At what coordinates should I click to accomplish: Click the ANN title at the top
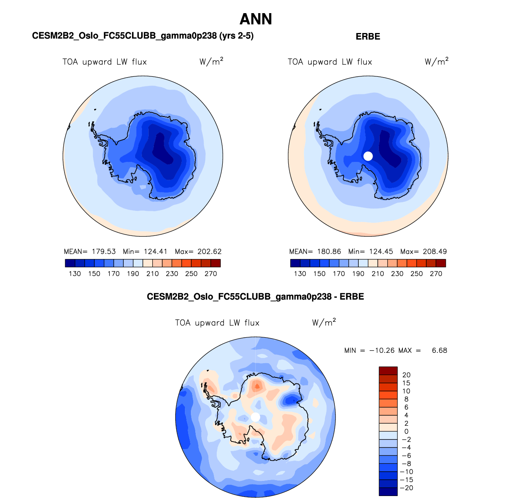point(256,19)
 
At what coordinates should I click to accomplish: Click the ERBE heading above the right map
point(368,37)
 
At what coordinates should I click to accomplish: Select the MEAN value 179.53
point(104,251)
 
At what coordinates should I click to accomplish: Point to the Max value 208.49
point(435,251)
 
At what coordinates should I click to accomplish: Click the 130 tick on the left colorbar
point(75,274)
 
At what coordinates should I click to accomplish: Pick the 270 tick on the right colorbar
point(436,274)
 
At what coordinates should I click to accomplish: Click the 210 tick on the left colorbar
point(152,274)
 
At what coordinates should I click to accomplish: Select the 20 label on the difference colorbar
point(406,375)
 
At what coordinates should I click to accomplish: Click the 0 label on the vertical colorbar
point(406,431)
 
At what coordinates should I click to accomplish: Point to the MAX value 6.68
point(439,350)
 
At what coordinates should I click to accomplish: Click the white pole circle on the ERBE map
point(368,156)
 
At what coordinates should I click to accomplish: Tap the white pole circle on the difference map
point(256,417)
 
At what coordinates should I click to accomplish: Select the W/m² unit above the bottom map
point(324,322)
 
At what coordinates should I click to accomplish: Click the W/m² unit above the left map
point(211,62)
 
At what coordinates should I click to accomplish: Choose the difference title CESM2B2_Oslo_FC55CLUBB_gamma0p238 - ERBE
point(255,297)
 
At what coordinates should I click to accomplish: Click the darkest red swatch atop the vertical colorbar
point(388,371)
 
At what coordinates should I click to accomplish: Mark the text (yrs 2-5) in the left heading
point(236,36)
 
